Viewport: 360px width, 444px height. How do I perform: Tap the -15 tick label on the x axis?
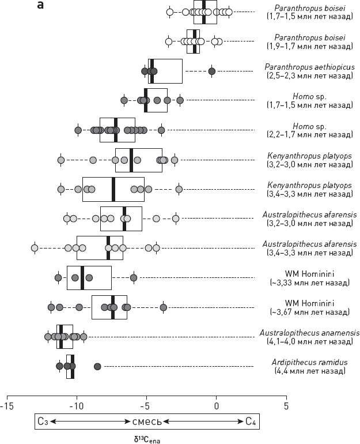(x=7, y=405)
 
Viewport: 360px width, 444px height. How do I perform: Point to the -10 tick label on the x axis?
(x=77, y=405)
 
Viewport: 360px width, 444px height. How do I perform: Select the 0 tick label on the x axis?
(x=216, y=405)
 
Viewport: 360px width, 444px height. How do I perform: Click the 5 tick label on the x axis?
(x=286, y=405)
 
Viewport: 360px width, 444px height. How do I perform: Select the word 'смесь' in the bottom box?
(x=146, y=422)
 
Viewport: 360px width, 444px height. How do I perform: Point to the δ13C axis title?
(x=146, y=438)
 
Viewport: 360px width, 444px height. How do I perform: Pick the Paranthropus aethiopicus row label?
(x=308, y=71)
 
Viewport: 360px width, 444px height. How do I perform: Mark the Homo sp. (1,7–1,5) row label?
(x=308, y=100)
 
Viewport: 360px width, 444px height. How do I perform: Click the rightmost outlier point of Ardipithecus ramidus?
(x=97, y=366)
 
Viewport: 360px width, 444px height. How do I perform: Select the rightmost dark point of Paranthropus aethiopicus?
(x=211, y=71)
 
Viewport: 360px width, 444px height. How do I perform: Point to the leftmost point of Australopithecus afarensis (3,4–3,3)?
(x=35, y=248)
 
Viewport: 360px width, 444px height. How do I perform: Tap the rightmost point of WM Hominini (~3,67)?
(x=164, y=307)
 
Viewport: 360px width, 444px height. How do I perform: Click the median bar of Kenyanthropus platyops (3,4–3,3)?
(x=113, y=189)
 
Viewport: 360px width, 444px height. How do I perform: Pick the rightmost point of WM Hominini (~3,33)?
(x=134, y=278)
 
